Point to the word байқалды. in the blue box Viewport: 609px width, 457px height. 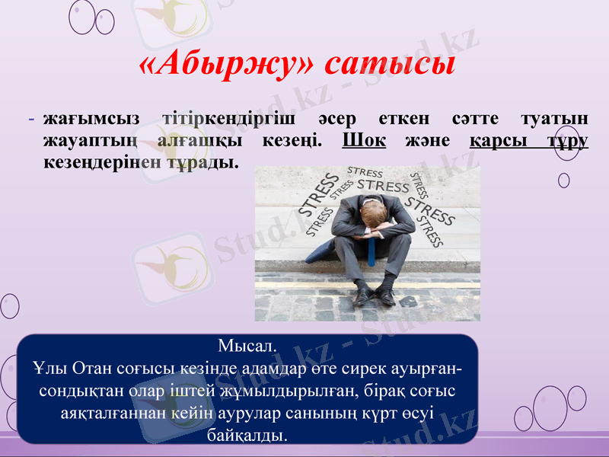pos(247,435)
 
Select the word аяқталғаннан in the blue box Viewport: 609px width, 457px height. pos(107,414)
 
